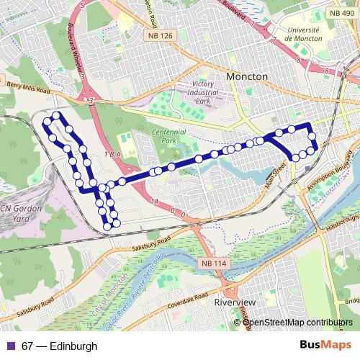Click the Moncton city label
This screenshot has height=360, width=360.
(x=246, y=76)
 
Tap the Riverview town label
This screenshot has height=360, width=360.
(x=235, y=303)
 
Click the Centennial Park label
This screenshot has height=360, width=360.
(x=169, y=136)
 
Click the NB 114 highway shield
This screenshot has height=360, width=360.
(x=214, y=264)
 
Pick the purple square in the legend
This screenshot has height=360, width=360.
(x=9, y=346)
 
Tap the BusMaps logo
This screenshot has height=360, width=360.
(x=327, y=346)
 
